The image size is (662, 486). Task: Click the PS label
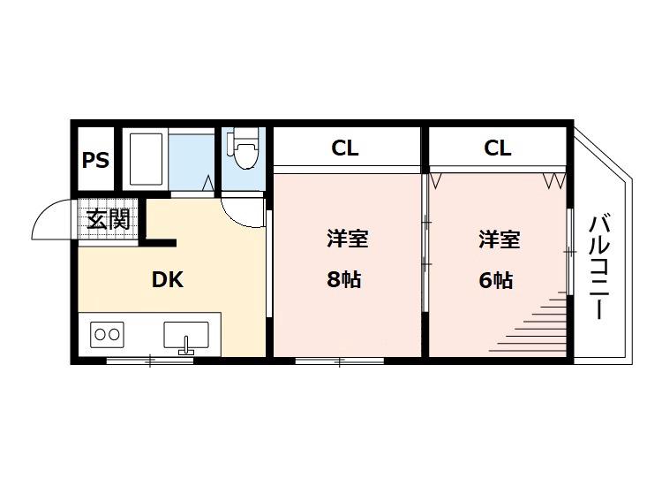point(95,161)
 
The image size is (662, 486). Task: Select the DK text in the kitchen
point(167,280)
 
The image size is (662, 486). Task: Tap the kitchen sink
point(185,336)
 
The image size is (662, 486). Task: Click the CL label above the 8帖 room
point(345,148)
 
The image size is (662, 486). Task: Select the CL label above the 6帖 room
point(498,148)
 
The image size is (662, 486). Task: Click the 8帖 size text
point(344,280)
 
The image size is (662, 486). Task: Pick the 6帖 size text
point(496,280)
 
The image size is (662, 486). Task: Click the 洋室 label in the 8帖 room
point(346,239)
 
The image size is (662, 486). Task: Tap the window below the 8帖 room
point(340,360)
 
